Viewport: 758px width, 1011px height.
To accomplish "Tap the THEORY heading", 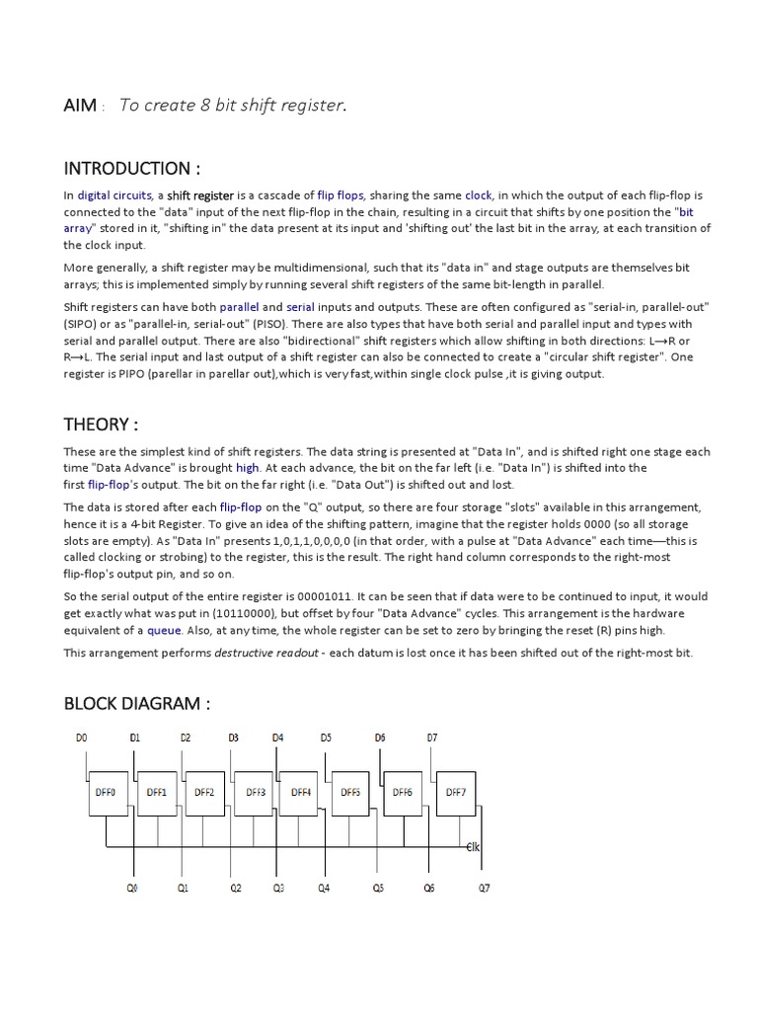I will point(101,425).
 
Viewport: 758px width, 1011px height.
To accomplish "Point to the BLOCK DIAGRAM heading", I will point(137,704).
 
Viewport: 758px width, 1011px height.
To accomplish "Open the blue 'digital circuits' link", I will point(114,195).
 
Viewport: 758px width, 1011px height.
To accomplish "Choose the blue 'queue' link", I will point(164,630).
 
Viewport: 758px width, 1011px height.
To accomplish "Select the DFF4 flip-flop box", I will point(301,792).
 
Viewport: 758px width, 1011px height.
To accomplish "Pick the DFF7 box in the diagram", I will point(455,792).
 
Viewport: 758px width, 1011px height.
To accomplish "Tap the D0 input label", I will point(81,738).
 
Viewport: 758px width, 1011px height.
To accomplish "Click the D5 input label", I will point(326,738).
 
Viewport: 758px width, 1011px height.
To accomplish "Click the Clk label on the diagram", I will point(473,847).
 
